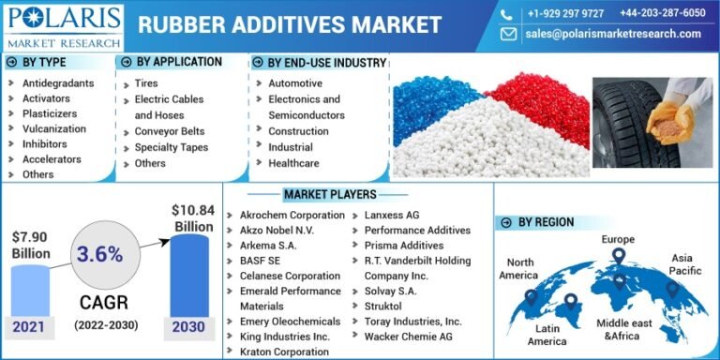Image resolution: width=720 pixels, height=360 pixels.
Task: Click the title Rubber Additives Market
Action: [290, 24]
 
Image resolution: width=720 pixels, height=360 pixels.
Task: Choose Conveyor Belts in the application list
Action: [170, 131]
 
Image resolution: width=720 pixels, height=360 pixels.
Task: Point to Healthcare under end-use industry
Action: [293, 163]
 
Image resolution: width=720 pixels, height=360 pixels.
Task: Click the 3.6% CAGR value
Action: [99, 254]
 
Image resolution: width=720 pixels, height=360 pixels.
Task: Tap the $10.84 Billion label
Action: [192, 217]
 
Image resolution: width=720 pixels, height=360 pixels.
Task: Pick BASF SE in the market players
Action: [262, 261]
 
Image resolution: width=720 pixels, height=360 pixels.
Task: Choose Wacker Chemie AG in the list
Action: [409, 337]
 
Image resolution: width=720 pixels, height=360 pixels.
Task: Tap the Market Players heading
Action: [330, 194]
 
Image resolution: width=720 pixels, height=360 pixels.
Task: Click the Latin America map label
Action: [547, 335]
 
